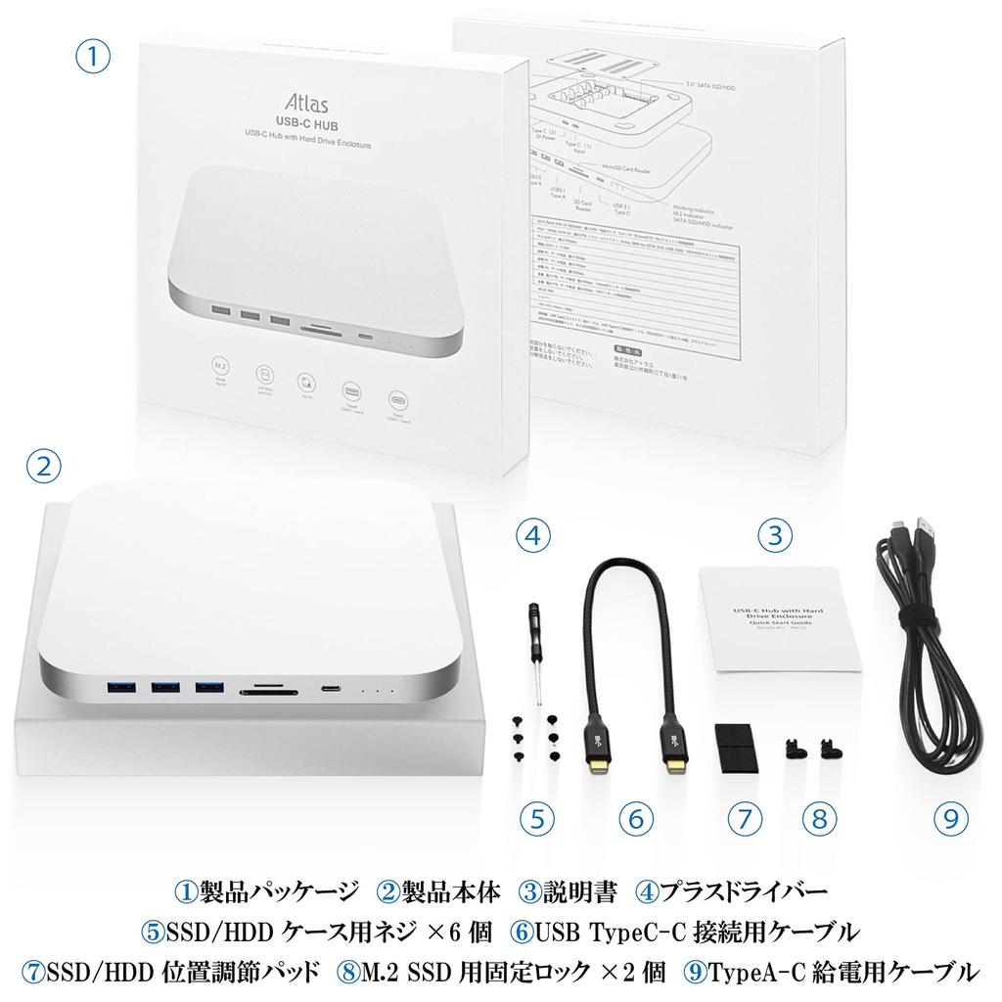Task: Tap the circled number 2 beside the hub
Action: coord(41,466)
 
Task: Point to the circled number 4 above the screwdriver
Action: coord(531,534)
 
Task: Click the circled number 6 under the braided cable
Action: coord(635,818)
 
